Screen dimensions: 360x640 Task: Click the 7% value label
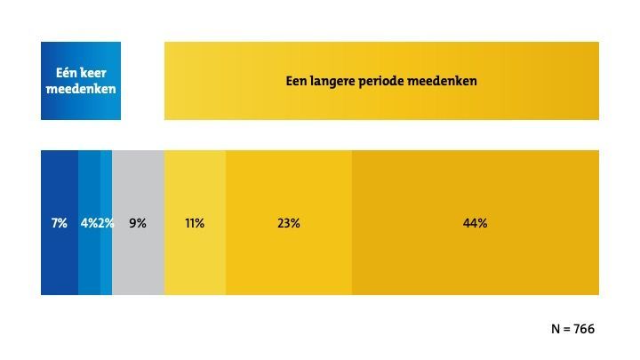click(x=60, y=223)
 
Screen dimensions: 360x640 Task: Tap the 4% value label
click(x=89, y=223)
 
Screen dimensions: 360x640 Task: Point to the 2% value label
click(x=107, y=223)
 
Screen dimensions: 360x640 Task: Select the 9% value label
click(x=138, y=223)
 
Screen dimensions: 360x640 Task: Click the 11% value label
click(x=195, y=223)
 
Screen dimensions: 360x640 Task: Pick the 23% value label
click(x=289, y=223)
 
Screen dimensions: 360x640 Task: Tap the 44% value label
click(x=475, y=223)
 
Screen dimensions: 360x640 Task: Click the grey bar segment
click(x=138, y=258)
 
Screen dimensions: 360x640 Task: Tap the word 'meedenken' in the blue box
click(x=81, y=89)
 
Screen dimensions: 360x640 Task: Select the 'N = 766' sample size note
click(x=572, y=329)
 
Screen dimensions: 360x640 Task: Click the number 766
click(x=583, y=329)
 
